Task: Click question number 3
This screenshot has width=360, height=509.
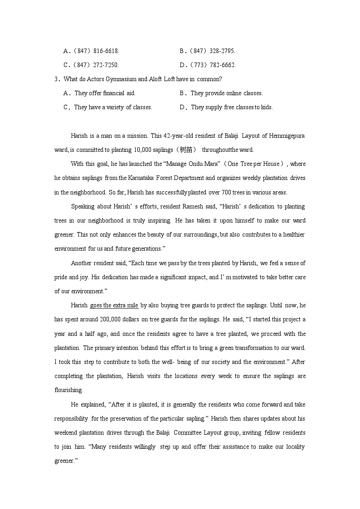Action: (x=57, y=79)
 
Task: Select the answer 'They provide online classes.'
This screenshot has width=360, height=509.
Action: (x=226, y=93)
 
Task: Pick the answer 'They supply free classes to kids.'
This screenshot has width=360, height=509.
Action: (x=232, y=107)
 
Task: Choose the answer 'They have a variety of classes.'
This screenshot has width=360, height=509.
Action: (x=113, y=107)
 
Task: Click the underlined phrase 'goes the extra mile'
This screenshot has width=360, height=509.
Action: (x=114, y=305)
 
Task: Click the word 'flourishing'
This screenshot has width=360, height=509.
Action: (x=68, y=390)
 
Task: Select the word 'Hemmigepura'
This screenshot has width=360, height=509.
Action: (x=287, y=136)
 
